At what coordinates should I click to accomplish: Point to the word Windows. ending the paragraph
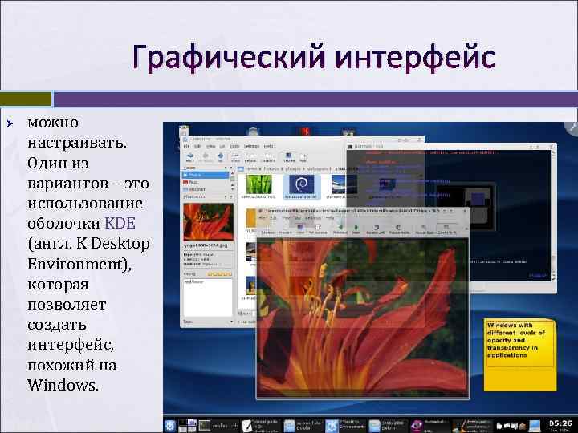(x=63, y=385)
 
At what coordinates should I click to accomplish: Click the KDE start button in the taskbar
(x=170, y=423)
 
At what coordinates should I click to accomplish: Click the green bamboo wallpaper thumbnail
(x=258, y=186)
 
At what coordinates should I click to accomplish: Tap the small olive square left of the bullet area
(x=42, y=99)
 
